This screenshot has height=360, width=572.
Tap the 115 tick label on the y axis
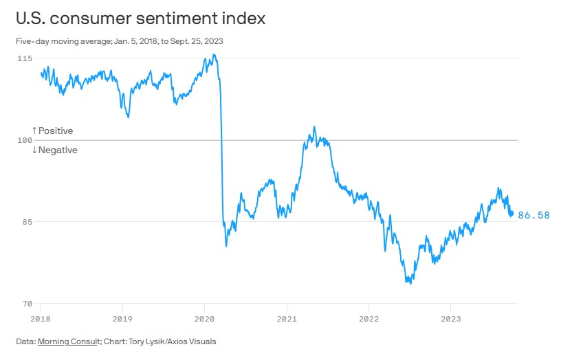coord(24,58)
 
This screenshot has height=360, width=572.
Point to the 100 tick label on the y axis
coord(24,140)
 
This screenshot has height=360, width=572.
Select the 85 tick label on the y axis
coord(26,222)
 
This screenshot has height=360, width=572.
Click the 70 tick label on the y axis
coord(26,303)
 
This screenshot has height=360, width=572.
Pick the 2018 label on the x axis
coord(40,318)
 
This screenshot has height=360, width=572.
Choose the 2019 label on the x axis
coord(122,318)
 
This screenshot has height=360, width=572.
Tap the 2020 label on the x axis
coord(204,318)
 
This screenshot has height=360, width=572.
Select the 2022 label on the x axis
coord(368,318)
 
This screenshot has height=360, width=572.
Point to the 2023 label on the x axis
coord(450,318)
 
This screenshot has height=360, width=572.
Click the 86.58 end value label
coord(534,215)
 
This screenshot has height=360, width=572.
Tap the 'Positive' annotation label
coord(55,131)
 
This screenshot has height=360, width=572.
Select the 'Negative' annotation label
coord(58,150)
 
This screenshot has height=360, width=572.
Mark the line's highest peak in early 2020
coord(214,54)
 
